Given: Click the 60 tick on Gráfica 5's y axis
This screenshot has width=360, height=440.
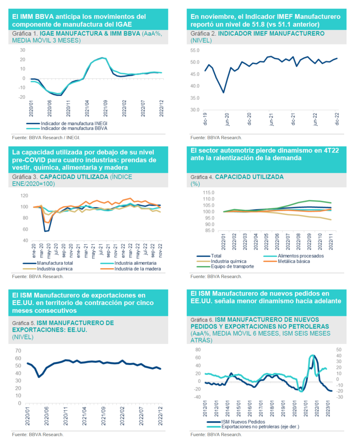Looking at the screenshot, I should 18,350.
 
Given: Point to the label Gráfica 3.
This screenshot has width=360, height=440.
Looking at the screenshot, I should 25,177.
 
